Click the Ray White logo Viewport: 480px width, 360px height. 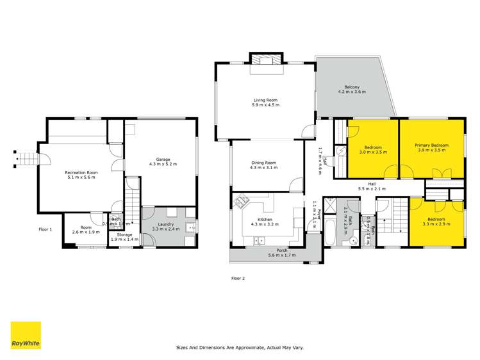pos(26,335)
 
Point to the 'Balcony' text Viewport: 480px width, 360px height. pos(351,87)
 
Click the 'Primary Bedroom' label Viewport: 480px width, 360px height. pos(433,145)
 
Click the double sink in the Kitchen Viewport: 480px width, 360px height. pos(260,240)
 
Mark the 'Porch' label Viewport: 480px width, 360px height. pos(281,250)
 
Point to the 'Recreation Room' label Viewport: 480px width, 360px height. pos(81,173)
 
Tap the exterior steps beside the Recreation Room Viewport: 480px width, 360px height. pos(26,157)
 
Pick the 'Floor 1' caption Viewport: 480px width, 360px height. pos(46,229)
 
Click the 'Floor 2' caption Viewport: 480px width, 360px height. pos(238,278)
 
